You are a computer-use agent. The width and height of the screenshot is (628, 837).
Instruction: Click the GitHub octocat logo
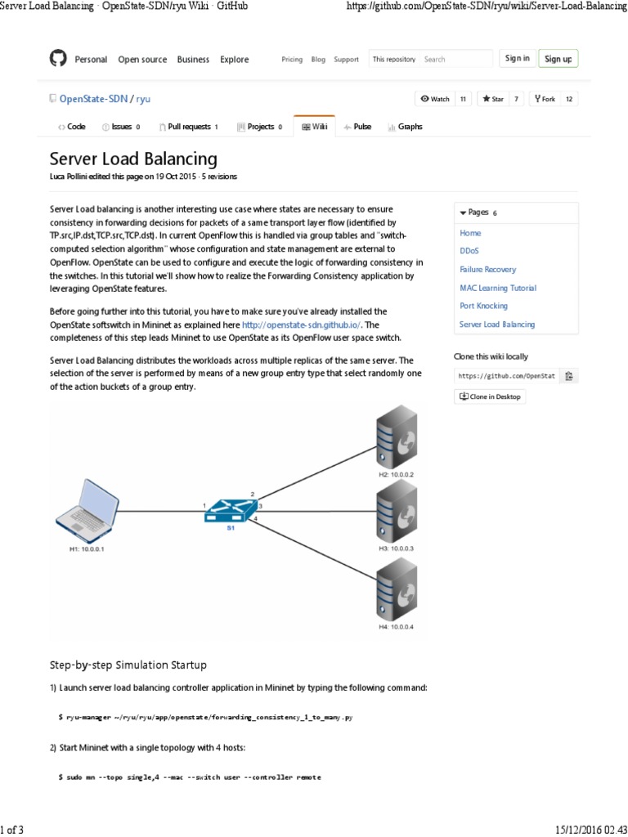click(x=57, y=59)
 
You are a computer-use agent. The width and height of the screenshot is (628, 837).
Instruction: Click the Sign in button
click(x=518, y=58)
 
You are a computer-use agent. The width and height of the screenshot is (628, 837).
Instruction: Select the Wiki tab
click(x=314, y=127)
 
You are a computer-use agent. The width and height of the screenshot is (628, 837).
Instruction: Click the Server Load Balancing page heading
click(x=133, y=159)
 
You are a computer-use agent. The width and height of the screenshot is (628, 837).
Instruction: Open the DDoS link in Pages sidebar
click(x=470, y=251)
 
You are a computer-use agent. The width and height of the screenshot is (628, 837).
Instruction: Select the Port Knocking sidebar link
click(x=483, y=306)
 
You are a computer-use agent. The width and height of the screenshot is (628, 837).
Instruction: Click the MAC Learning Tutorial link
click(x=498, y=288)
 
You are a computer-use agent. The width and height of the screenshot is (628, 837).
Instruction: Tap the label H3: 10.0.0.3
click(x=397, y=548)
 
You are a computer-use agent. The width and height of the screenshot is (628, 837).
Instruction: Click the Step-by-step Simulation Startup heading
click(x=128, y=664)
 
